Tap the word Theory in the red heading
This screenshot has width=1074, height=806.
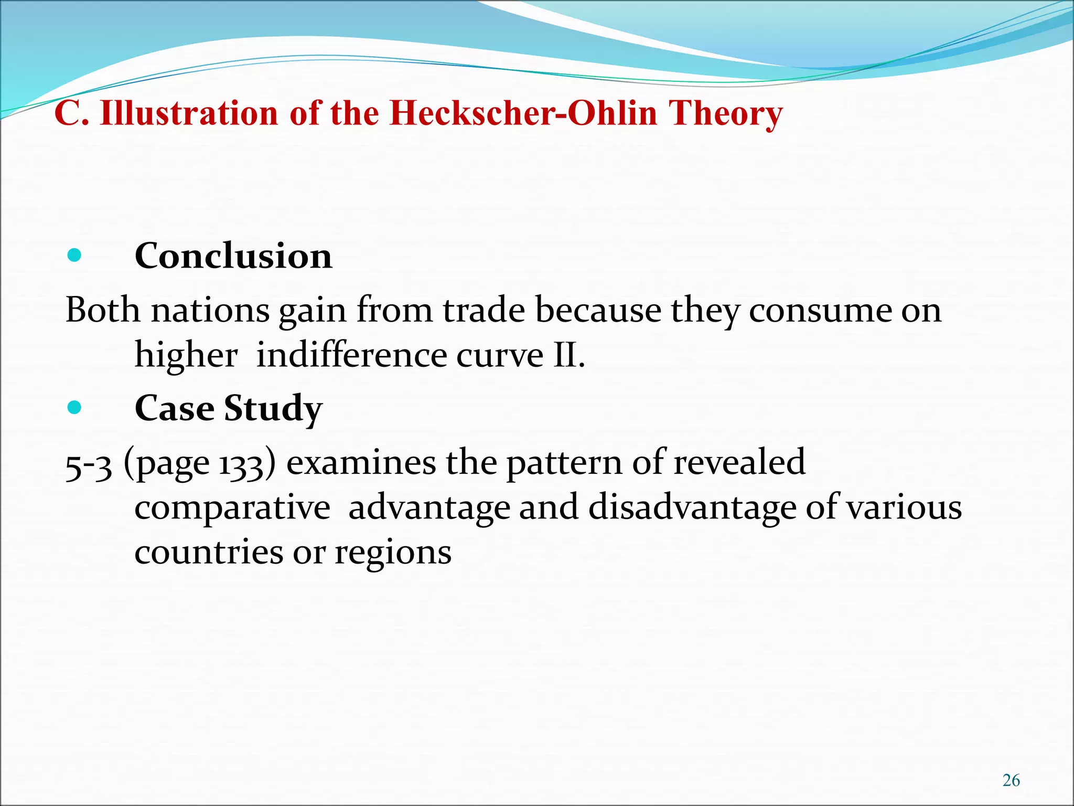coord(725,113)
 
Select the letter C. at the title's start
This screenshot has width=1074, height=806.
coord(71,113)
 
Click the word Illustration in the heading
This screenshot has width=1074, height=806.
coord(189,113)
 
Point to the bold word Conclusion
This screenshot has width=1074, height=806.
coord(233,256)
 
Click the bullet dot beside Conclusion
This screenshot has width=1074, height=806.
coord(74,256)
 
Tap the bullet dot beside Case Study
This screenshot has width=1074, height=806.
coord(74,407)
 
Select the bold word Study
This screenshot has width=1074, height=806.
coord(273,408)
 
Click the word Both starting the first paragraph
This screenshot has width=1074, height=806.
coord(103,310)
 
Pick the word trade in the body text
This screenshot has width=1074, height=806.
coord(484,310)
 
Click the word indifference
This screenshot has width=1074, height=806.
coord(351,355)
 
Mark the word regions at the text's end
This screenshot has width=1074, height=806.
coord(393,553)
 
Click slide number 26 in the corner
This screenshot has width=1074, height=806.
coord(1011,780)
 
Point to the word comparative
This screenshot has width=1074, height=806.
coord(232,507)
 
